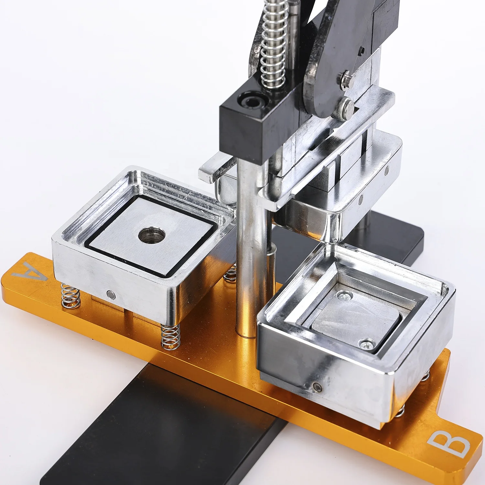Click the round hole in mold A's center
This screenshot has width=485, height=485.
[x=152, y=235]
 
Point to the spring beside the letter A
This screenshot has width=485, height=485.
[x=70, y=296]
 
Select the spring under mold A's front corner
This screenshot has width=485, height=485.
[x=171, y=336]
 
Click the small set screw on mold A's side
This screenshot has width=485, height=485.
[x=111, y=294]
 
